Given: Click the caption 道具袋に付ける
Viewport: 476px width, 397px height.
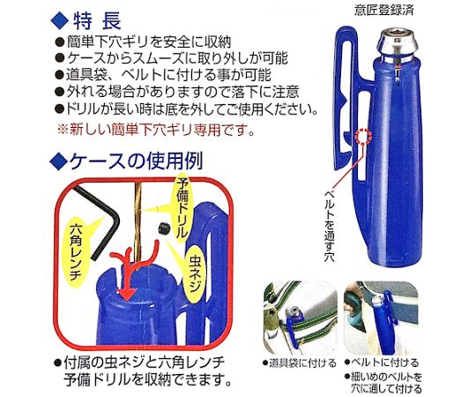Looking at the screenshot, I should click(294, 362).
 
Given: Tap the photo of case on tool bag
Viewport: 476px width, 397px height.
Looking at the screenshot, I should click(294, 318).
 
